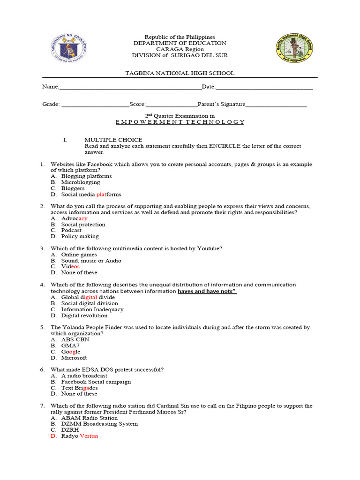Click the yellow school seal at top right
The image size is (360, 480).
[x=294, y=49]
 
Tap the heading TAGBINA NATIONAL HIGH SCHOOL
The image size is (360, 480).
[x=180, y=73]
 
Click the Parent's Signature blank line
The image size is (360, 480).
[x=277, y=105]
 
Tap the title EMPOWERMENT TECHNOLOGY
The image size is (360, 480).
[x=180, y=122]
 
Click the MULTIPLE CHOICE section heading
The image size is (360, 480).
[x=113, y=140]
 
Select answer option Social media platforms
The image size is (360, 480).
[x=91, y=194]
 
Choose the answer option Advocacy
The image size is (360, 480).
[x=74, y=218]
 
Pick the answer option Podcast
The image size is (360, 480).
[x=71, y=230]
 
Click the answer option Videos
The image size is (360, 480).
[x=70, y=266]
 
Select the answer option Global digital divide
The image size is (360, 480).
[x=88, y=297]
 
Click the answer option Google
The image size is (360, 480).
[x=71, y=352]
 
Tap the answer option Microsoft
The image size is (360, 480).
[x=74, y=358]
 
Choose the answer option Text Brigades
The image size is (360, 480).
[x=79, y=388]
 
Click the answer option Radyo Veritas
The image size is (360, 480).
[x=80, y=436]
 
